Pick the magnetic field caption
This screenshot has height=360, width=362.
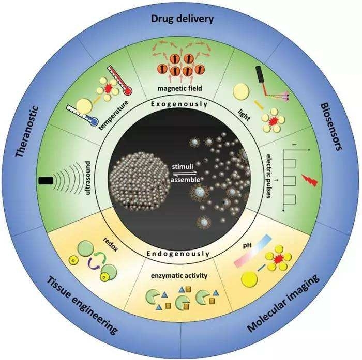(x=182, y=88)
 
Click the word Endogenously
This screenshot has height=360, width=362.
(x=178, y=254)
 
